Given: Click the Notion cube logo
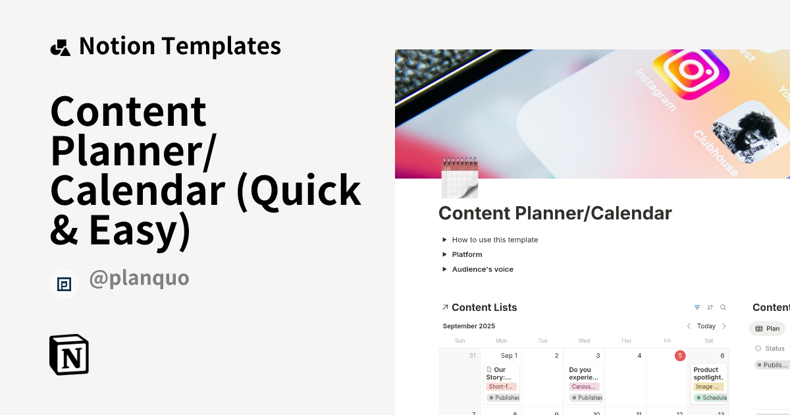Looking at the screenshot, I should pyautogui.click(x=69, y=354).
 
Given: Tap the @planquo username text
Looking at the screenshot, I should pyautogui.click(x=139, y=278).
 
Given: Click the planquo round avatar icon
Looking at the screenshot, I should pyautogui.click(x=64, y=284).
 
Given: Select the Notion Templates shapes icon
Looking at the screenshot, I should pyautogui.click(x=60, y=47).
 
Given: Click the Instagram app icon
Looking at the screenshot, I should pyautogui.click(x=690, y=72).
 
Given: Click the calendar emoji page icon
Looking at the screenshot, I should pyautogui.click(x=459, y=177).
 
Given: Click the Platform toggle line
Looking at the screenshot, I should pyautogui.click(x=467, y=254).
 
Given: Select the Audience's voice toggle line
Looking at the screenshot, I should pyautogui.click(x=482, y=269).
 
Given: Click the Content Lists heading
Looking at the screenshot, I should pyautogui.click(x=484, y=308).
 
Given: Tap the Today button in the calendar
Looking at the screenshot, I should pyautogui.click(x=706, y=326).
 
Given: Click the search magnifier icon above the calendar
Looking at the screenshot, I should pyautogui.click(x=723, y=308).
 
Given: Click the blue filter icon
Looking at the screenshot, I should pyautogui.click(x=697, y=308).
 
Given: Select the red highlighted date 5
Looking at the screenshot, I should pyautogui.click(x=679, y=356).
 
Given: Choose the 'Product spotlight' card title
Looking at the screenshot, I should pyautogui.click(x=708, y=373).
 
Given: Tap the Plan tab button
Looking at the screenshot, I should pyautogui.click(x=767, y=329).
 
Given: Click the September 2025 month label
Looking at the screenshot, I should pyautogui.click(x=469, y=326).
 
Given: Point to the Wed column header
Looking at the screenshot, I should pyautogui.click(x=584, y=341).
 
